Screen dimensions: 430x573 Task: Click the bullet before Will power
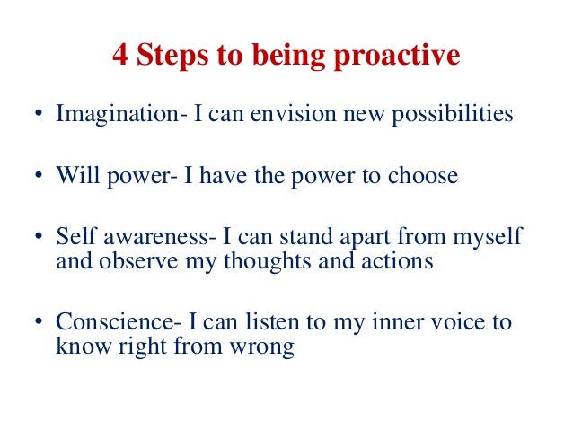39,176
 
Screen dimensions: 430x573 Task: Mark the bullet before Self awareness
39,238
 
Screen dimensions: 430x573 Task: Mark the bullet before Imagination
39,116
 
